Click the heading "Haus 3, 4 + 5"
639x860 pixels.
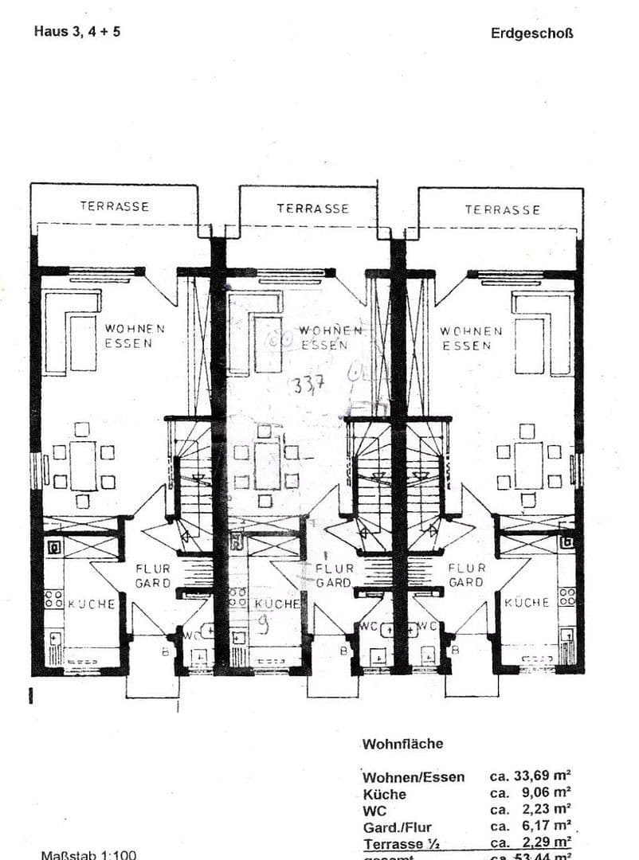click(77, 32)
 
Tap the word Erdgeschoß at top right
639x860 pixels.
click(532, 33)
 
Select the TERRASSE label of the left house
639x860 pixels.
click(114, 206)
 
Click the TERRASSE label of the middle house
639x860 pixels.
click(312, 209)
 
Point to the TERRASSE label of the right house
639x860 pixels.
click(502, 210)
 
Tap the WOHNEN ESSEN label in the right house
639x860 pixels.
click(471, 338)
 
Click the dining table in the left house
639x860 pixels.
click(83, 466)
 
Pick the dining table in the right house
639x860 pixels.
click(527, 466)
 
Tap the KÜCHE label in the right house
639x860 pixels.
click(527, 603)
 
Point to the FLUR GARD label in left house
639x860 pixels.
click(152, 576)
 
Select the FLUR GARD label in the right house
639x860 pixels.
click(466, 575)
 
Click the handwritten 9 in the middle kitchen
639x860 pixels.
click(263, 626)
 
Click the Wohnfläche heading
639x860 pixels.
click(402, 744)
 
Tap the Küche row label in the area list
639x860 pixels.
click(384, 794)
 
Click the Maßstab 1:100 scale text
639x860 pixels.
click(88, 854)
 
